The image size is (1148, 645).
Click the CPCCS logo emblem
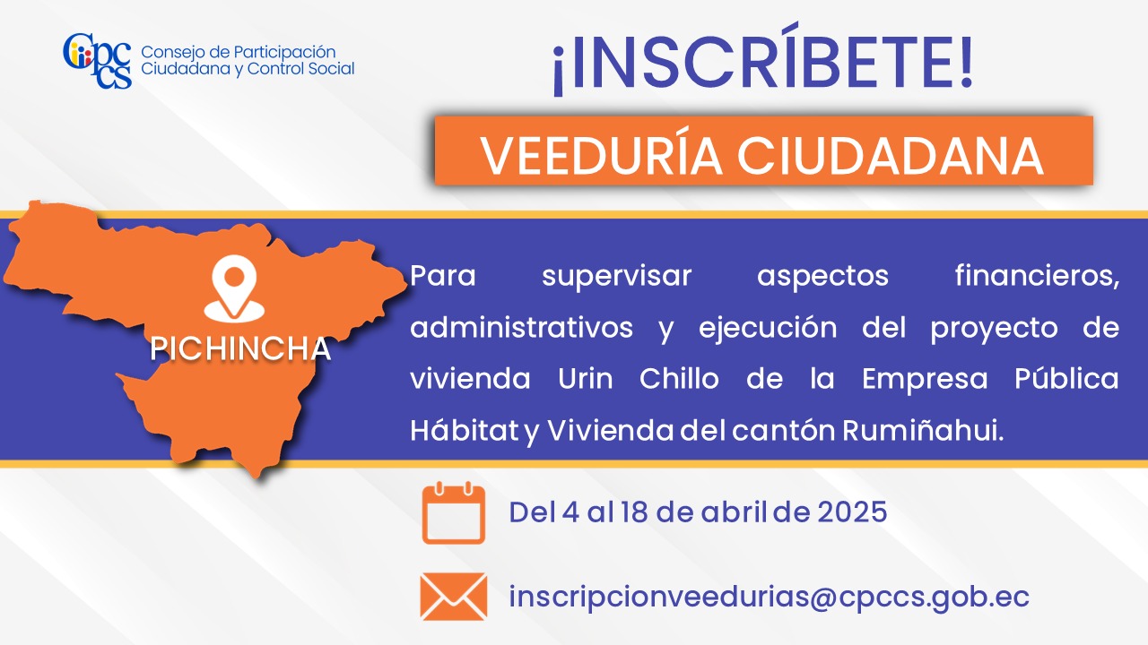tap(98, 61)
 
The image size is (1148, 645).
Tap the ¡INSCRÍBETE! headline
tap(762, 60)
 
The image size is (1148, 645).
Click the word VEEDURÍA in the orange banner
tap(601, 155)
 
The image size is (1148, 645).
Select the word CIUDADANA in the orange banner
tap(891, 156)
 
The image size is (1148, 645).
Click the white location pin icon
tap(234, 288)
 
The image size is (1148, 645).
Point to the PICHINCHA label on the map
tap(240, 348)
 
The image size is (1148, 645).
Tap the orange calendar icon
tap(454, 512)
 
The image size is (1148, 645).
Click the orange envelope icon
tap(454, 597)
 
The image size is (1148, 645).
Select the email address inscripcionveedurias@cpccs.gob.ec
tap(769, 597)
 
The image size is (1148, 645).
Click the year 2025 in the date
tap(852, 512)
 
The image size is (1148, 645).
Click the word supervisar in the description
tap(616, 277)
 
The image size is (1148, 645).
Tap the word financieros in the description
tap(1037, 275)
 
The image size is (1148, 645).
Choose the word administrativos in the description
tap(521, 327)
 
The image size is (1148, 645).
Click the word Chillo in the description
tap(679, 378)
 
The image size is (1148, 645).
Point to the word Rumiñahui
tap(923, 431)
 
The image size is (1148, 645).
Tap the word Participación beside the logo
tap(284, 53)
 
